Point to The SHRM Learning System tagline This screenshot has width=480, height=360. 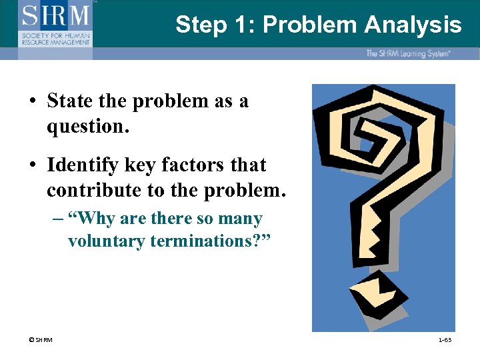click(x=407, y=53)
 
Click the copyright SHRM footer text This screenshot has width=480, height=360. click(x=40, y=341)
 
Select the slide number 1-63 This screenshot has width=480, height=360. click(x=444, y=341)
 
